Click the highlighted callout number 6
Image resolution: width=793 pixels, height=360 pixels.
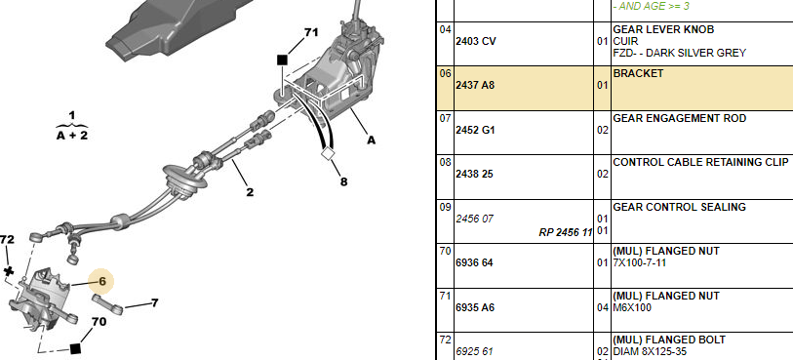(x=102, y=281)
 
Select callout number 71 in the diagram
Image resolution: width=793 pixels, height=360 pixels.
(x=311, y=32)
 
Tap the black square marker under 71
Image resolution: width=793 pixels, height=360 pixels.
(x=282, y=60)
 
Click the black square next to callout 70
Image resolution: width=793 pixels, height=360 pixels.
(x=75, y=348)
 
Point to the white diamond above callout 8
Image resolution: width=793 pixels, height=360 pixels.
(x=328, y=154)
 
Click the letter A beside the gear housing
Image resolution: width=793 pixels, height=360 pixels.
(x=372, y=140)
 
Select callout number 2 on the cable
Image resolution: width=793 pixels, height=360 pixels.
(x=250, y=192)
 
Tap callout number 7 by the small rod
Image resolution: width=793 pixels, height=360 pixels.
(x=154, y=302)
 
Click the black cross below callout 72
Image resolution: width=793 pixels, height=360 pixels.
(x=9, y=271)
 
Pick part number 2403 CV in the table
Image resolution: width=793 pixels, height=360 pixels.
(x=475, y=41)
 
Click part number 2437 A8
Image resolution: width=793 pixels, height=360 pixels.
(x=475, y=86)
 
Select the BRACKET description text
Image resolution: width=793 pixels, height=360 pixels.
(x=638, y=74)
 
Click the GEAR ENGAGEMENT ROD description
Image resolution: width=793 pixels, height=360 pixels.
(x=679, y=118)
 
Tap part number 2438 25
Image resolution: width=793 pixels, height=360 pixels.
(x=474, y=174)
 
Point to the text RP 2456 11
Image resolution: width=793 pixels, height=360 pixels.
(x=565, y=232)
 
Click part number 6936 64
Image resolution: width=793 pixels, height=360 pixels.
(x=474, y=262)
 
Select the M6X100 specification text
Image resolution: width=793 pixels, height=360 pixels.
(x=632, y=307)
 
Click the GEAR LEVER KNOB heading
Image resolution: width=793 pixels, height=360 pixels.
(x=663, y=30)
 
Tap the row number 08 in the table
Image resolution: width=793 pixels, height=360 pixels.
(x=445, y=163)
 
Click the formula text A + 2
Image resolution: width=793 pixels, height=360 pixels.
(x=72, y=136)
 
